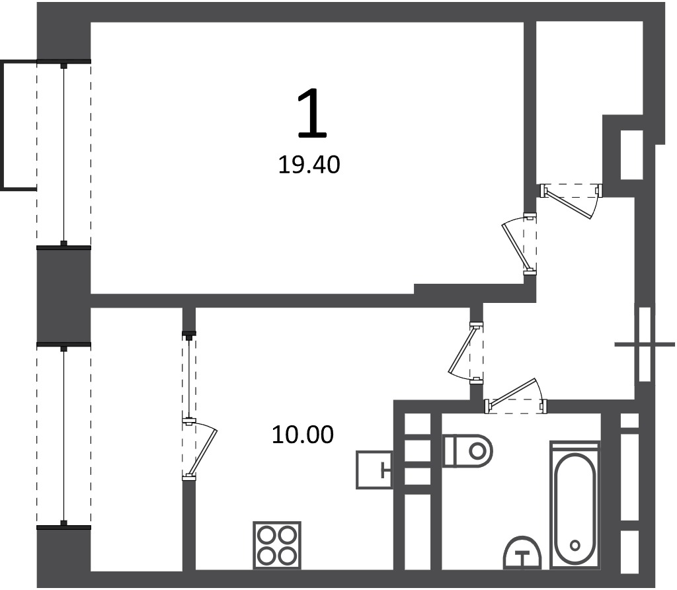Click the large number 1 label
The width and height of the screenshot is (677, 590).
312,112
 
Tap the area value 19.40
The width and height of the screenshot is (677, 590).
309,165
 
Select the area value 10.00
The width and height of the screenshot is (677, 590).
303,435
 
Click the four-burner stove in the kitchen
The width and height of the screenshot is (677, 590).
277,545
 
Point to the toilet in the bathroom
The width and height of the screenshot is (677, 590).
468,451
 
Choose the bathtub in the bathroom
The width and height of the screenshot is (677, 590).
575,505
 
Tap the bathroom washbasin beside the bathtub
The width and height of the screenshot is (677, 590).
522,553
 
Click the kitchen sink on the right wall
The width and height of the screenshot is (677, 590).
374,470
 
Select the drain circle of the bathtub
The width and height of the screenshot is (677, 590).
575,545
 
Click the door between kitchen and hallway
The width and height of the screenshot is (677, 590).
466,352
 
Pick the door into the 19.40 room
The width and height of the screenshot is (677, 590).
519,244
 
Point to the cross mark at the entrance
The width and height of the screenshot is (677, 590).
645,344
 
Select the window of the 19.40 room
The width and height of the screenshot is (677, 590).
64,155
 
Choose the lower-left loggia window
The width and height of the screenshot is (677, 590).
64,437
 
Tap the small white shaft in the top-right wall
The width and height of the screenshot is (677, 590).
632,155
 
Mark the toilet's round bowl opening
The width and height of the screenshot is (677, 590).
477,451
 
